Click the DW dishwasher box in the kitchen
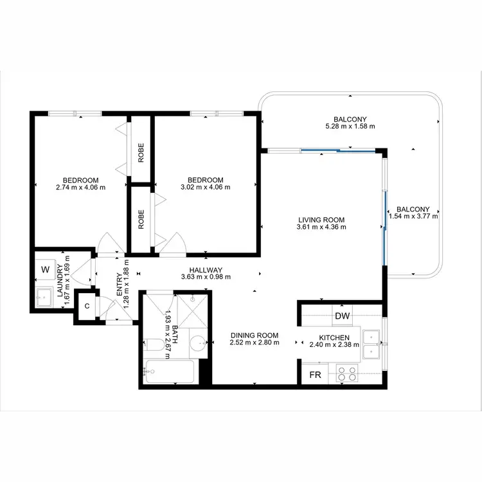coord(342,316)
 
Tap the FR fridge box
coord(316,374)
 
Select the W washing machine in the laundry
coord(46,269)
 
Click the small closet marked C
coord(86,305)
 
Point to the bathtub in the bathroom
coord(170,372)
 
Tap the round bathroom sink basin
coord(197,345)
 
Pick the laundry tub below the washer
coord(45,297)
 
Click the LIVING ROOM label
coord(321,219)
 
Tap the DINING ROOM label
coord(254,335)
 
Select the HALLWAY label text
coord(206,270)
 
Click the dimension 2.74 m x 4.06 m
coord(80,188)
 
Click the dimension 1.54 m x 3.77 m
coord(413,217)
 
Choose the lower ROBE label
coord(141,219)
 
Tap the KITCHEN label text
coord(334,337)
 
